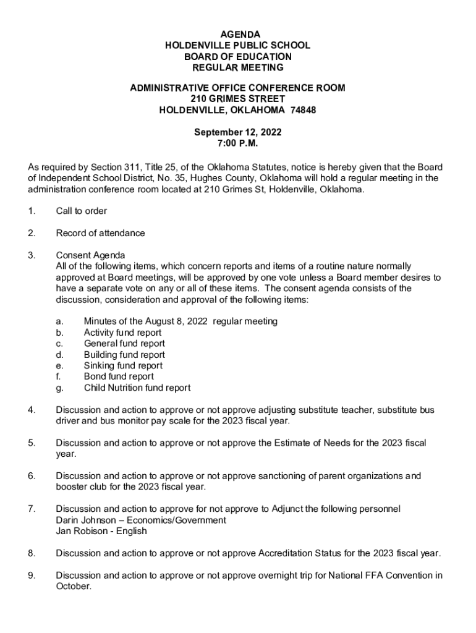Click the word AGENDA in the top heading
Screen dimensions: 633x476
[x=238, y=34]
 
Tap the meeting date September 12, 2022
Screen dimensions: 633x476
[x=238, y=132]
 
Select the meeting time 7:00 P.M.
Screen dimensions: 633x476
[x=238, y=143]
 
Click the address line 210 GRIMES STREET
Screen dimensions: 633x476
[x=238, y=99]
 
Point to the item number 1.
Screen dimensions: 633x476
[x=32, y=211]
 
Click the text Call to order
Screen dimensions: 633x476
[x=82, y=211]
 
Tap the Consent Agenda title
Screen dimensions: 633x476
[x=90, y=255]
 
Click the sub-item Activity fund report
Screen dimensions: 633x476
[x=123, y=333]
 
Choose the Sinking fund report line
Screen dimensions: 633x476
[x=123, y=365]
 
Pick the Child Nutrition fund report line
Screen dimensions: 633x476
[x=137, y=388]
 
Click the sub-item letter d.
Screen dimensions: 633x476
[x=59, y=355]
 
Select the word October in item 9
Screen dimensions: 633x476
[x=73, y=587]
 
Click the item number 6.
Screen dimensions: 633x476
[x=32, y=476]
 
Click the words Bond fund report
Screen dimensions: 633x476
[x=119, y=376]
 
